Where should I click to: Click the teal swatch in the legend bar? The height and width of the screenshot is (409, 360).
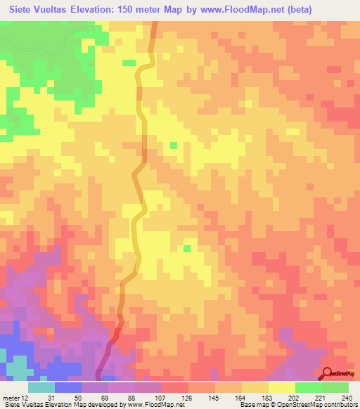coord(41,387)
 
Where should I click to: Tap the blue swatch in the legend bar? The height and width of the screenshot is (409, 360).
coord(68,387)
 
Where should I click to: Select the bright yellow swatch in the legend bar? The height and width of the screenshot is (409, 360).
coord(281,387)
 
